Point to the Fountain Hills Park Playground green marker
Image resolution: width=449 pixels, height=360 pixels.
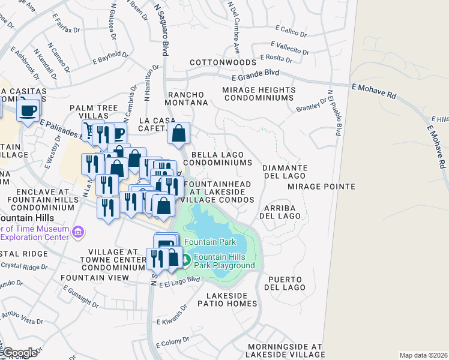[x=186, y=260]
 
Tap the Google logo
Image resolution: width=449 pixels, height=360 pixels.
[x=19, y=353]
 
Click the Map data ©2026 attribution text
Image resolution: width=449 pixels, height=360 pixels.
[x=423, y=355]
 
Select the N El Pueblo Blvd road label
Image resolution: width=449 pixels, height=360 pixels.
[x=334, y=112]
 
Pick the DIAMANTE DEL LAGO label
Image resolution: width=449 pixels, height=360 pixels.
[x=285, y=172]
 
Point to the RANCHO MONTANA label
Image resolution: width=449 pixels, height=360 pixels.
[x=187, y=98]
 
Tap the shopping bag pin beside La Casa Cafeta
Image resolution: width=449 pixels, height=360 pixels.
[x=179, y=134]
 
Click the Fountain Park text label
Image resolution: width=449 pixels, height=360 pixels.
[x=210, y=242]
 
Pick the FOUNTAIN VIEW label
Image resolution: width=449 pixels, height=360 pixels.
[x=95, y=278]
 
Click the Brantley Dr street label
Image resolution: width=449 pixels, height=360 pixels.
[x=310, y=108]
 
